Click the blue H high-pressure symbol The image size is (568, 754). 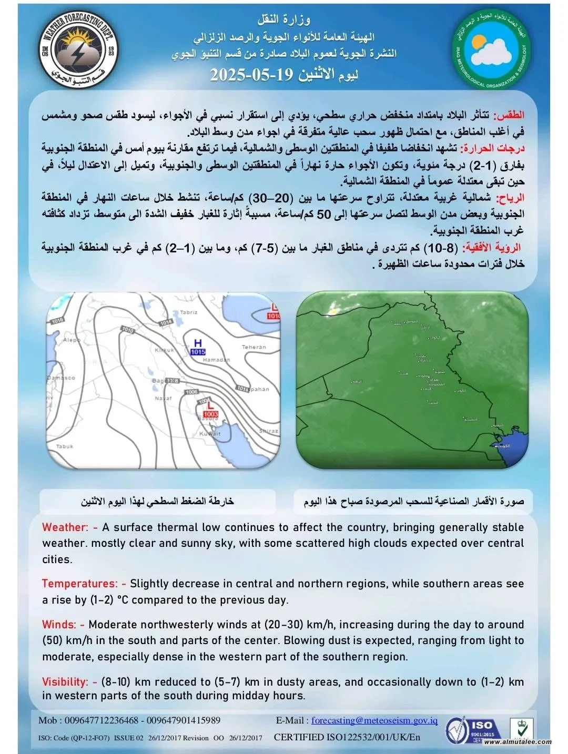198,343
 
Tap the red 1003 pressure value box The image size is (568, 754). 210,414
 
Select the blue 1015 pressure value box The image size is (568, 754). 198,352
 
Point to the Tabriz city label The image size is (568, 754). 188,312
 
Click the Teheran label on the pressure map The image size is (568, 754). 254,347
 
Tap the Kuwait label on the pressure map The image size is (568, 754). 210,434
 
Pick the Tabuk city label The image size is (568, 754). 64,446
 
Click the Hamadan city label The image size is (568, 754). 216,360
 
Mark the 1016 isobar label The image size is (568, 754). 57,320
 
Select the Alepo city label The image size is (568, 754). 72,340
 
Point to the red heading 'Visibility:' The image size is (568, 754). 65,682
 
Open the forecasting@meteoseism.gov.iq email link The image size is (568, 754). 374,720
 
